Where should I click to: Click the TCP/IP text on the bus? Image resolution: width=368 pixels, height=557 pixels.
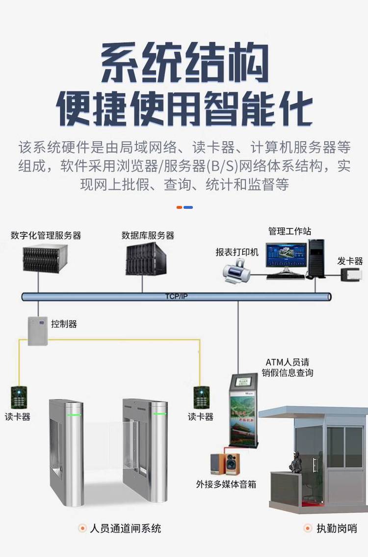click(x=176, y=296)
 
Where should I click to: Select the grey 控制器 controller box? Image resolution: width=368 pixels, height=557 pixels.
click(x=37, y=331)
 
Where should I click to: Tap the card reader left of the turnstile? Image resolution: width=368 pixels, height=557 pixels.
click(x=18, y=397)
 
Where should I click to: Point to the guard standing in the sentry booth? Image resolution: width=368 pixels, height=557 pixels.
click(x=297, y=464)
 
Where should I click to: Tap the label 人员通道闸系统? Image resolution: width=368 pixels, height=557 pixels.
click(x=125, y=529)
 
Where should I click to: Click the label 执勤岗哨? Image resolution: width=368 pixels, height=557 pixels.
click(x=337, y=529)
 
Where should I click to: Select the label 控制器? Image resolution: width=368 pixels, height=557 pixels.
click(x=64, y=324)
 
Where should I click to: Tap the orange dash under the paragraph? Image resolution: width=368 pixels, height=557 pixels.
click(x=180, y=207)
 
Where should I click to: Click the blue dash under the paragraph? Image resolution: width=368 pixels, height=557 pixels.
click(x=188, y=207)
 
